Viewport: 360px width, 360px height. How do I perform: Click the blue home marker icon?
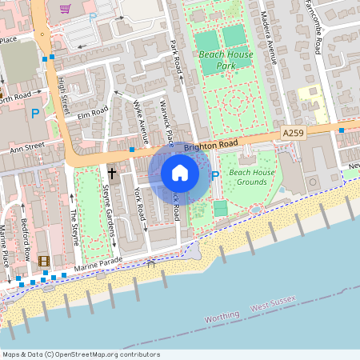point(180,172)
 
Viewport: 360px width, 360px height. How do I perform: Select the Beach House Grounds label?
point(252,178)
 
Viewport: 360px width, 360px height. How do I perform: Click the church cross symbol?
point(112,172)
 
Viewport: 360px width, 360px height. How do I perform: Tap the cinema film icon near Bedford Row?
point(43,261)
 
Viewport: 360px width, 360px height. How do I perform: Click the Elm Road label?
point(93,115)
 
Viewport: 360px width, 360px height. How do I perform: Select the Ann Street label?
point(26,147)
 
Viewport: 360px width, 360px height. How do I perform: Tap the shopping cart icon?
point(65,9)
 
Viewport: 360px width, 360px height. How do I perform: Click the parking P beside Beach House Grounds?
point(214,174)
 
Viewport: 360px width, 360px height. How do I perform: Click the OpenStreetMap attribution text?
point(81,354)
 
